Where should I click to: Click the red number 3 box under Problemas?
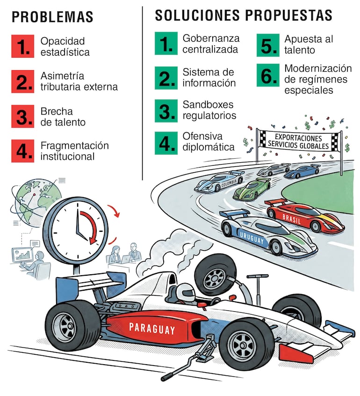point(23,117)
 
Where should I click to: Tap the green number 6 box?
point(268,75)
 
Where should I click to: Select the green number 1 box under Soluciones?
point(166,43)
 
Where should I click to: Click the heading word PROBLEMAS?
point(52,17)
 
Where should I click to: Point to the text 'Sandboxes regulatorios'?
point(209,110)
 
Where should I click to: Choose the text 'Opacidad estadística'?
point(65,47)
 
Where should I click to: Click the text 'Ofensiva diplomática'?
point(209,141)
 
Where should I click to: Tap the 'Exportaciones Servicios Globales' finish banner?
point(298,141)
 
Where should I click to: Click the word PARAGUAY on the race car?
point(152,329)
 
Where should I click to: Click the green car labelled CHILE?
point(252,190)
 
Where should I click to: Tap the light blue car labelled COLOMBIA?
point(219,181)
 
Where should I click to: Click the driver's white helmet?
point(186,293)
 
